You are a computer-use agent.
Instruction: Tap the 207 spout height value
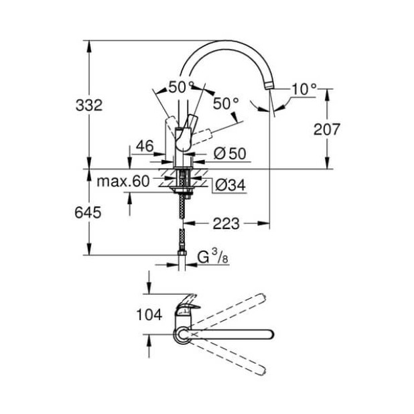[x=327, y=129]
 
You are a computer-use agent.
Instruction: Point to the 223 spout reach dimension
[x=226, y=223]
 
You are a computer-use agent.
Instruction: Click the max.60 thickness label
[x=123, y=182]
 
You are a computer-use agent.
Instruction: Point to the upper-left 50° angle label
[x=180, y=86]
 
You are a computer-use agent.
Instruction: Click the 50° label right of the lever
[x=226, y=102]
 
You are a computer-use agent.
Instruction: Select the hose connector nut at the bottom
[x=181, y=254]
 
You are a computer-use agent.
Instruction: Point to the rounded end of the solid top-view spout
[x=269, y=334]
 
